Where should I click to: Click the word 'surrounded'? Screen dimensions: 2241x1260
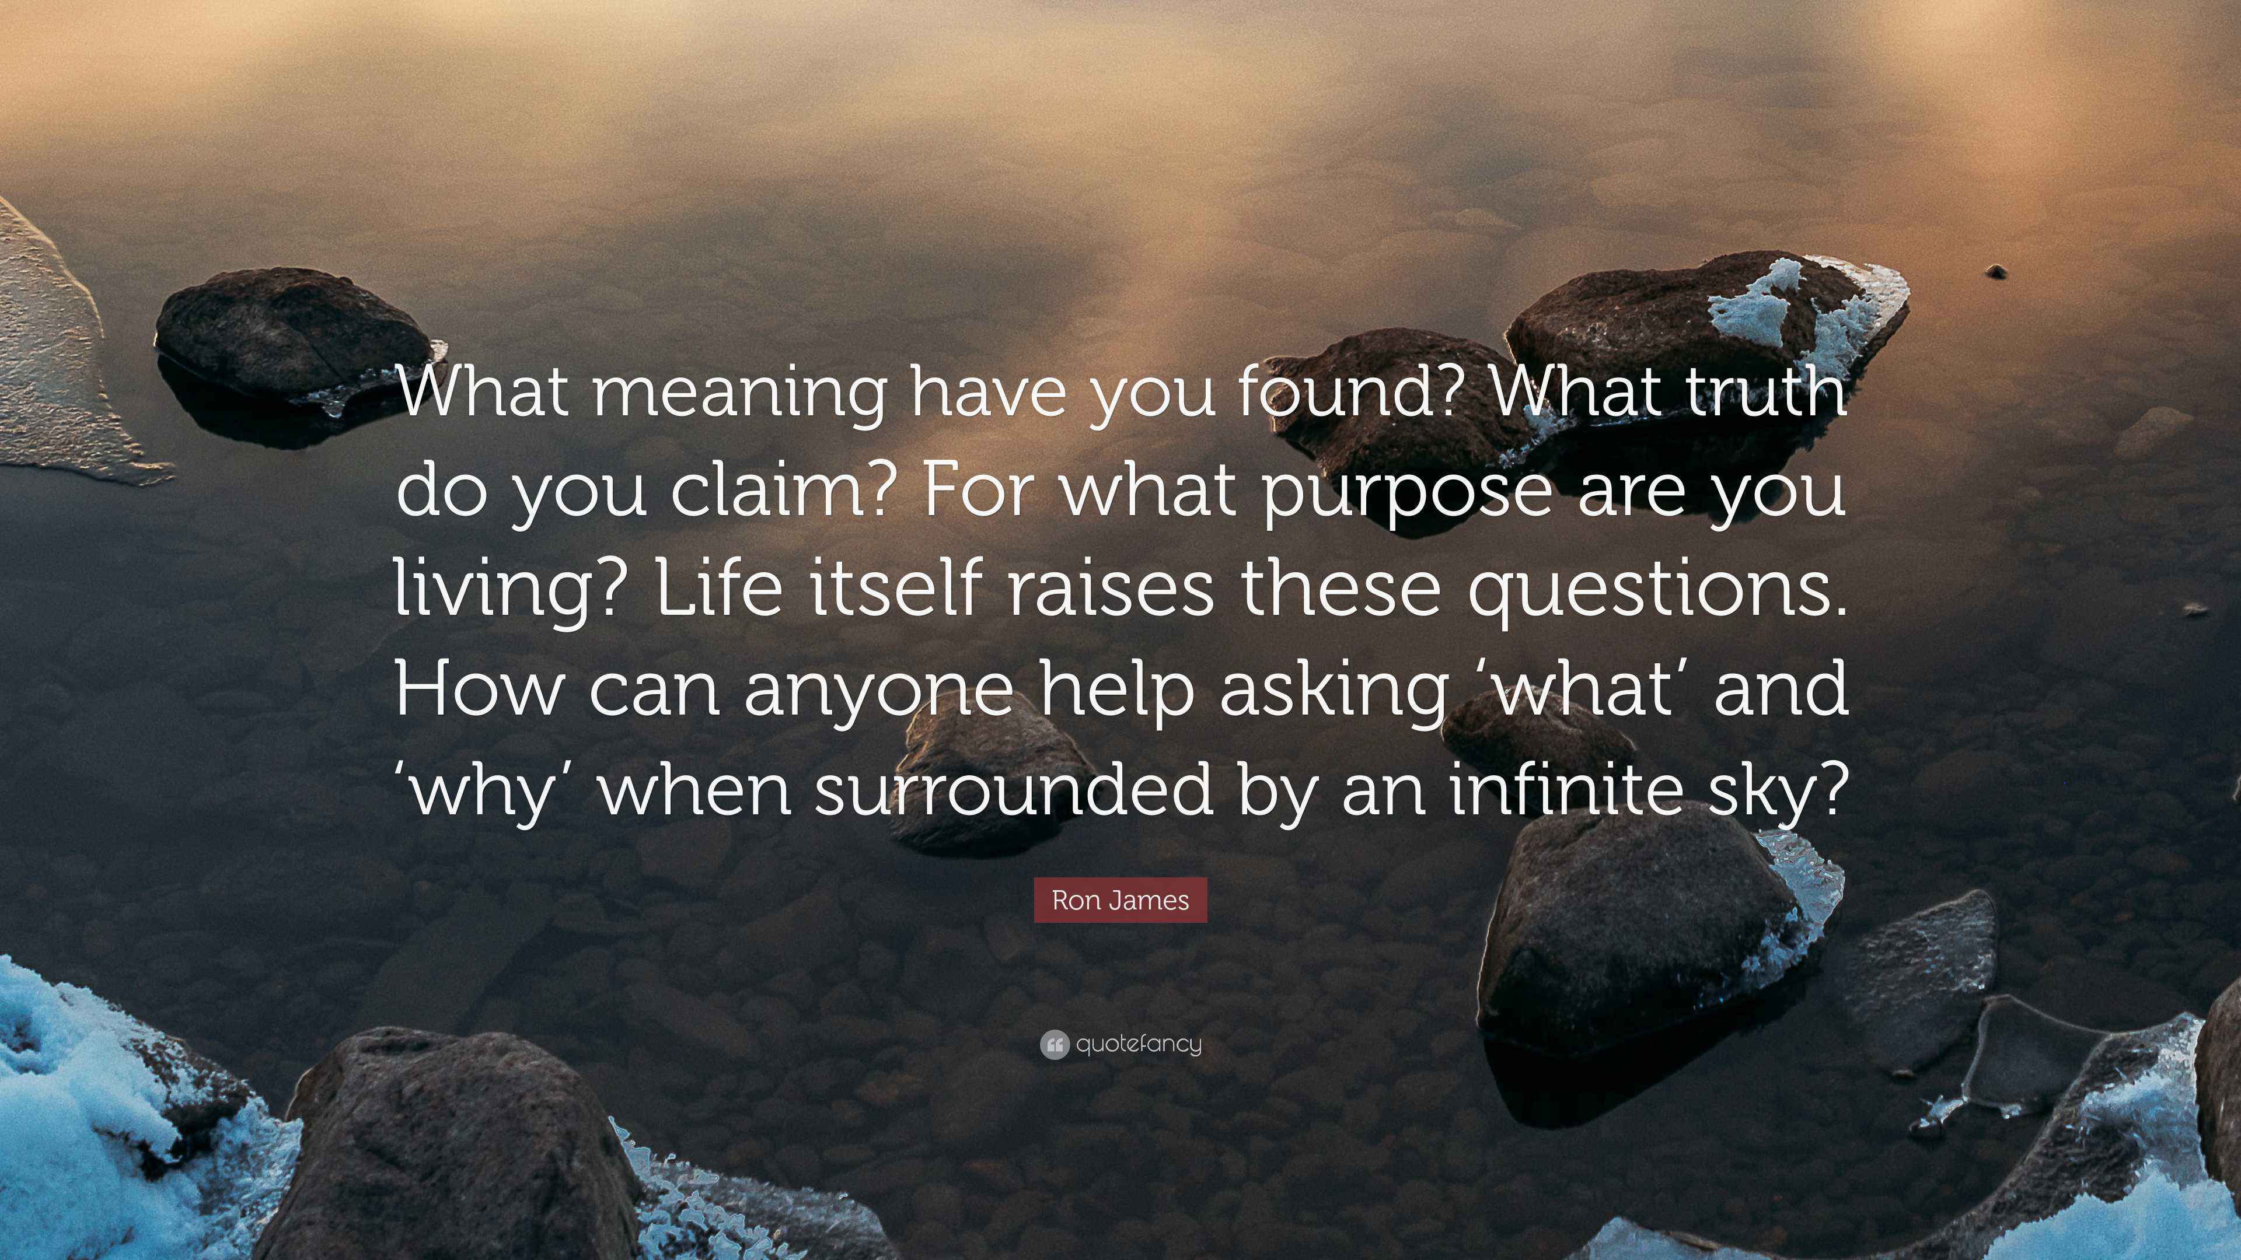tap(1014, 787)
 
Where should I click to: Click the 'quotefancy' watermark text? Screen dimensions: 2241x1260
tap(1139, 1044)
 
